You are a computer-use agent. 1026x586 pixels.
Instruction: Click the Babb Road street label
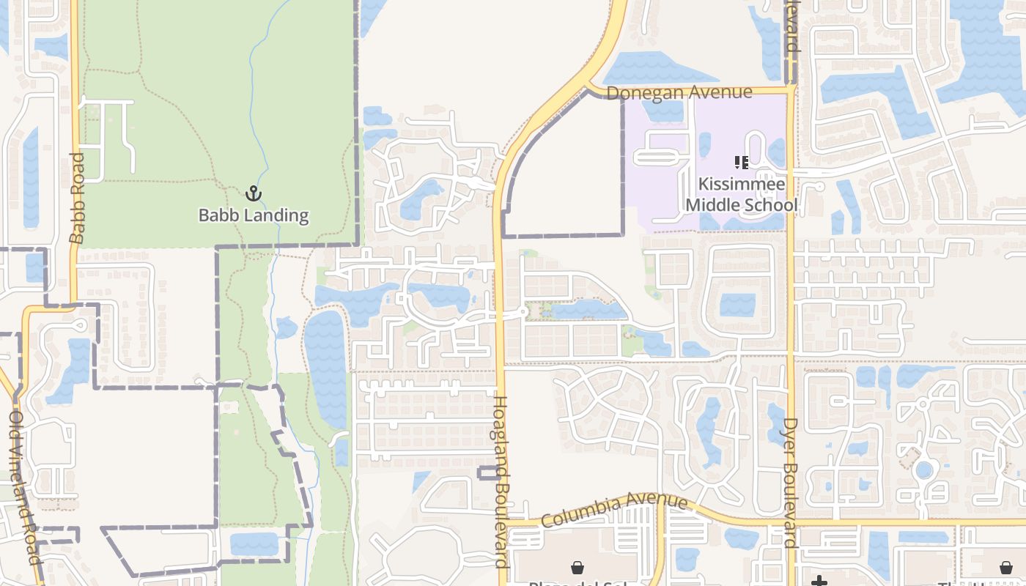coord(77,198)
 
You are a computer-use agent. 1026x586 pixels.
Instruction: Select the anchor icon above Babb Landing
coord(253,194)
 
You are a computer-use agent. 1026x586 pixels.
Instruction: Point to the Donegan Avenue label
coord(679,93)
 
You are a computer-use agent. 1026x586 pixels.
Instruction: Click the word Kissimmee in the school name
coord(742,184)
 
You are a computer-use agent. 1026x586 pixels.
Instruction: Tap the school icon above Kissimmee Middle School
coord(741,163)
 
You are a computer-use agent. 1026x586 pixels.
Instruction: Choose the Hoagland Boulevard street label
coord(501,481)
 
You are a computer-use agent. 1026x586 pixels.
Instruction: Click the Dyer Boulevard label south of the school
coord(790,483)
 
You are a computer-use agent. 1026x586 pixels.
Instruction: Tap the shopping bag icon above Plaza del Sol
coord(577,568)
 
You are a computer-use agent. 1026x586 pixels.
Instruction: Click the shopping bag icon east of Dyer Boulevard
coord(1006,568)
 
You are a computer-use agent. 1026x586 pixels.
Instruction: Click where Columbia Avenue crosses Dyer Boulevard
coord(790,522)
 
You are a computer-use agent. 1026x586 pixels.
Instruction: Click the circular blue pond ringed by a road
coord(925,470)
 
